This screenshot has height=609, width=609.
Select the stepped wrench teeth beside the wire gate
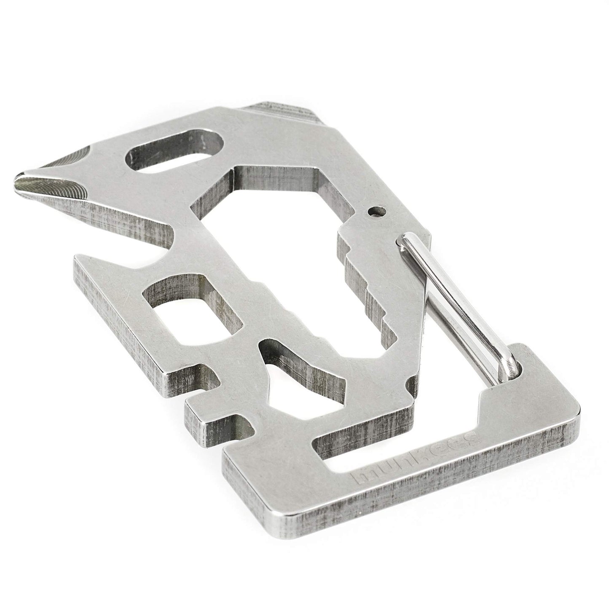(x=367, y=284)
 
